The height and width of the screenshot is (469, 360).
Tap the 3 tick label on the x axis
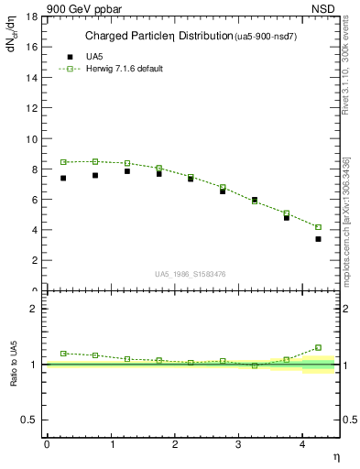point(239,443)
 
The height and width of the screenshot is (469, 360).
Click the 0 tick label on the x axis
point(47,443)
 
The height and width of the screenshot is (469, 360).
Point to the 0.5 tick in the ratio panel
point(28,420)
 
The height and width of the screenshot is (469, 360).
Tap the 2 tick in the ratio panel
point(34,309)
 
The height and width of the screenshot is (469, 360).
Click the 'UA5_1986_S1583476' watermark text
point(190,273)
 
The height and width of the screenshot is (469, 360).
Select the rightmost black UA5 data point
point(318,239)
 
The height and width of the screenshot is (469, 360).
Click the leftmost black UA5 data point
point(63,178)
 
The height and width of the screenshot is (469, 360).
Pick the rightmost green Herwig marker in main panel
point(318,227)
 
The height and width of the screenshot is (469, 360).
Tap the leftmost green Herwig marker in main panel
point(63,162)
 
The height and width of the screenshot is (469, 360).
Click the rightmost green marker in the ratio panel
point(318,347)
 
